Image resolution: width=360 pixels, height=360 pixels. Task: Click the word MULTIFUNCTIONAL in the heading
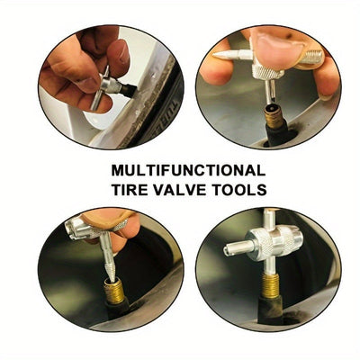coord(187,169)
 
